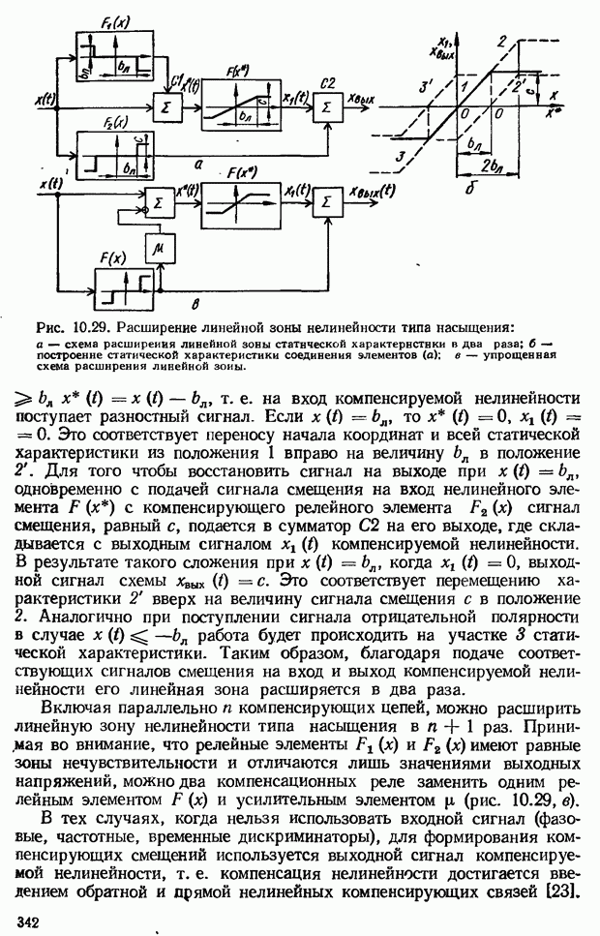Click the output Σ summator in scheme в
click(x=326, y=201)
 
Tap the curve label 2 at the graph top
click(x=502, y=40)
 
